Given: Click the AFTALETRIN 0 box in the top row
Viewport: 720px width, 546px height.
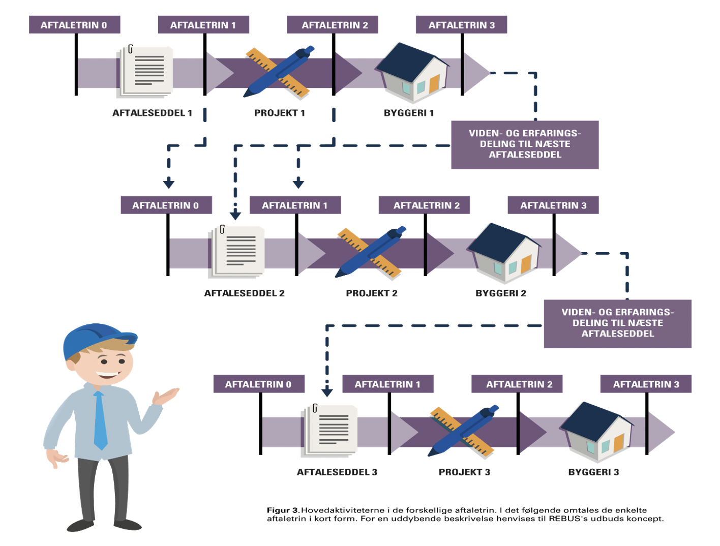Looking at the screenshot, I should pos(74,25).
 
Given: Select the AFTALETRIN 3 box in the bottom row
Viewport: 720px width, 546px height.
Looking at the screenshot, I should pos(646,384).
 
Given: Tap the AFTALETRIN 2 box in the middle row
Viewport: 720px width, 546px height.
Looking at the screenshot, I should pos(426,205).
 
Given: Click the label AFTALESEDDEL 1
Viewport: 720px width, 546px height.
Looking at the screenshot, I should pos(152,113).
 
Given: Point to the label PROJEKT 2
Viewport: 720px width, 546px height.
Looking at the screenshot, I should pos(372,293).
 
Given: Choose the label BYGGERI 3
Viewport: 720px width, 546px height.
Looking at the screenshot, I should pos(593,472).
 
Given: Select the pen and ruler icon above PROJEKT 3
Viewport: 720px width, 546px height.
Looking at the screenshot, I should pos(463,431).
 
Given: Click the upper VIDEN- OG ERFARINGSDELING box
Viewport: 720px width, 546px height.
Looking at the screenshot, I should pos(525,144).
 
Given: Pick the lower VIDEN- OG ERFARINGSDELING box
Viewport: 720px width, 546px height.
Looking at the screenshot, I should pos(617,323).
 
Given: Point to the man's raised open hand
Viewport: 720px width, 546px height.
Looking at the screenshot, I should pos(166,396).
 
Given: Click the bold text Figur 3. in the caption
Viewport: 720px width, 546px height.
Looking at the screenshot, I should pos(283,510).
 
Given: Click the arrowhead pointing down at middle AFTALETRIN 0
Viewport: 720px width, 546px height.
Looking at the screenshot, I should pos(169,184).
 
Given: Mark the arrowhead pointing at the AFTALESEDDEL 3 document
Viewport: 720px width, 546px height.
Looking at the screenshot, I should pos(327,392).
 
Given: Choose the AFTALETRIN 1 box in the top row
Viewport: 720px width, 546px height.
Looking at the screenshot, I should pos(203,25).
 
